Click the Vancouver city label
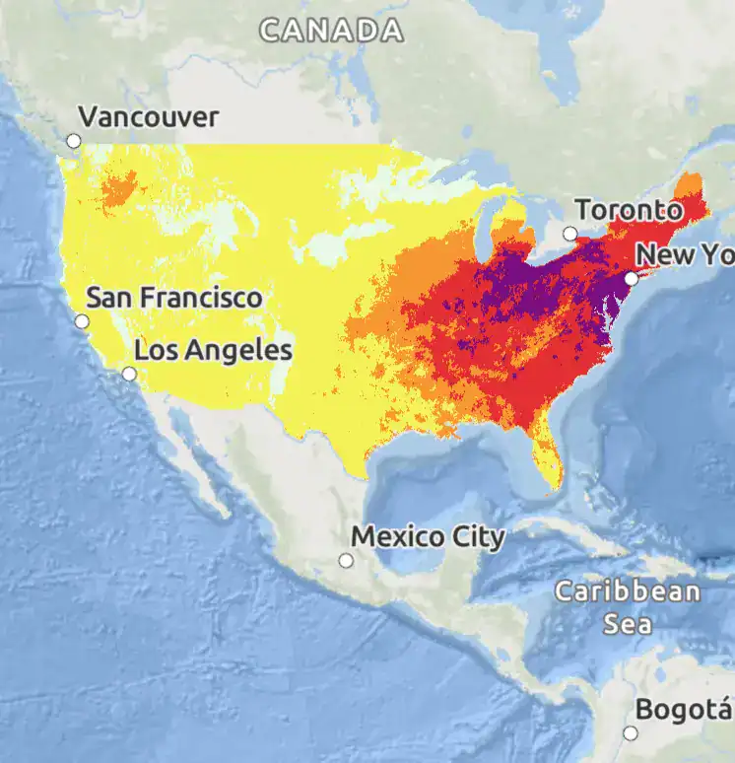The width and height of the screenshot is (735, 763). (148, 117)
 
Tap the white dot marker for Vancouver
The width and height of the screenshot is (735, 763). (74, 141)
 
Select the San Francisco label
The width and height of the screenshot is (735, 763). (174, 297)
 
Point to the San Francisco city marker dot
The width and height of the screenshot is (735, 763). (82, 321)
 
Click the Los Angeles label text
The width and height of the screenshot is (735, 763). (213, 350)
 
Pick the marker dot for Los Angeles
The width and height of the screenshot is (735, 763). (129, 374)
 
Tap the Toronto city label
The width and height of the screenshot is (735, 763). (629, 210)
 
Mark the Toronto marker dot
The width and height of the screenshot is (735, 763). (569, 234)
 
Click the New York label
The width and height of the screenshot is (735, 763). (685, 255)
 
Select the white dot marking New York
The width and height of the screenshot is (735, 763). (632, 279)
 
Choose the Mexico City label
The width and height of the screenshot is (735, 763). (429, 537)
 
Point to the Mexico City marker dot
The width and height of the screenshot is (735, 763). (346, 560)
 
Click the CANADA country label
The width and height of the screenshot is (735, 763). (331, 31)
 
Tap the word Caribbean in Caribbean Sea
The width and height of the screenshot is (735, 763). (628, 592)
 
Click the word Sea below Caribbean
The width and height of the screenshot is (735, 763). (628, 624)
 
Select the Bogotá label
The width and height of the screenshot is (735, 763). (684, 710)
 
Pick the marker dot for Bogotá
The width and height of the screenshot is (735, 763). (631, 732)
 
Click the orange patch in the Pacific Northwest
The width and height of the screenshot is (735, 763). (119, 188)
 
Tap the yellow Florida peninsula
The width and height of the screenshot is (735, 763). (549, 458)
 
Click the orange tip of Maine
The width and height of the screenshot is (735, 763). (690, 184)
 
